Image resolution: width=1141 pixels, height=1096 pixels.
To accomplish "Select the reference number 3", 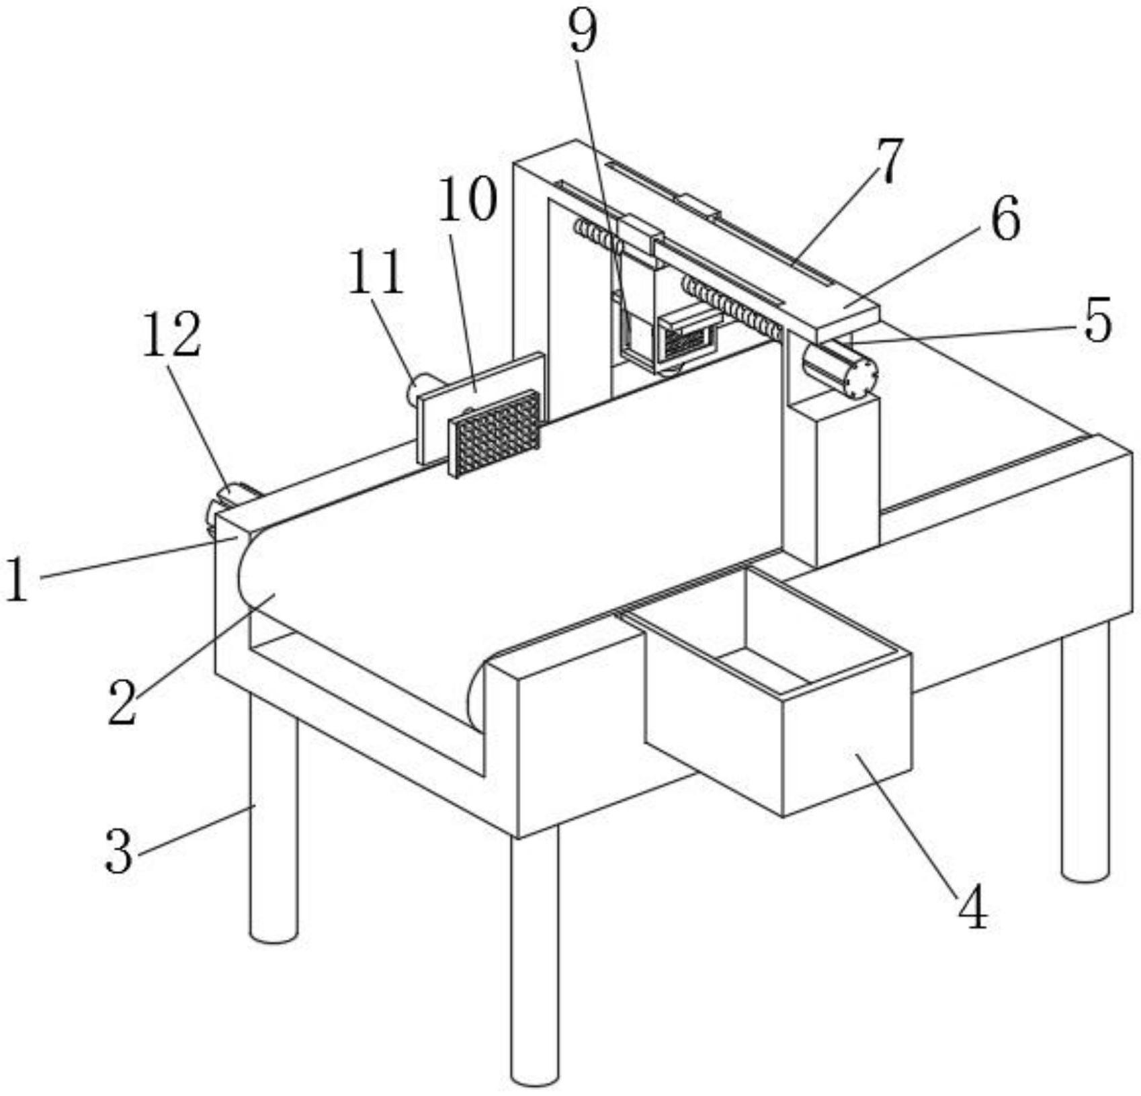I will tap(119, 851).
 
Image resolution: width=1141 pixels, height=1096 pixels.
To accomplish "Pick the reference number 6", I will tap(1005, 219).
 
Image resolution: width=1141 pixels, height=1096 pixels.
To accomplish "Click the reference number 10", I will tap(467, 200).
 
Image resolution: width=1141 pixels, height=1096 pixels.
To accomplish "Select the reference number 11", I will tap(376, 271).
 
